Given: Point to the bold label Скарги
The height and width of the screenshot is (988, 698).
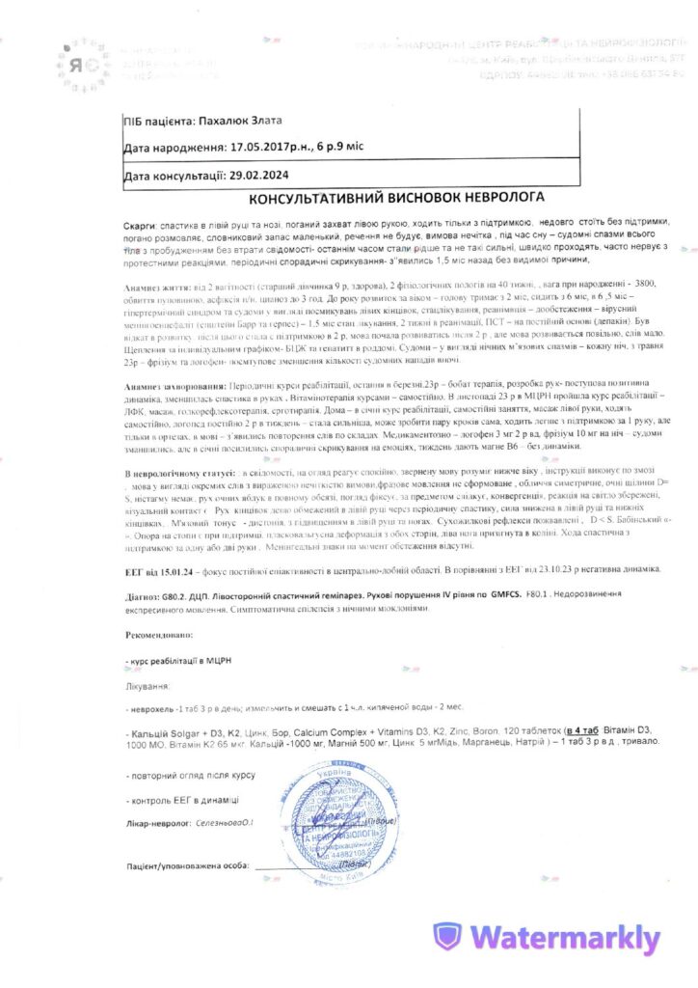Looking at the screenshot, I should (x=142, y=223).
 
